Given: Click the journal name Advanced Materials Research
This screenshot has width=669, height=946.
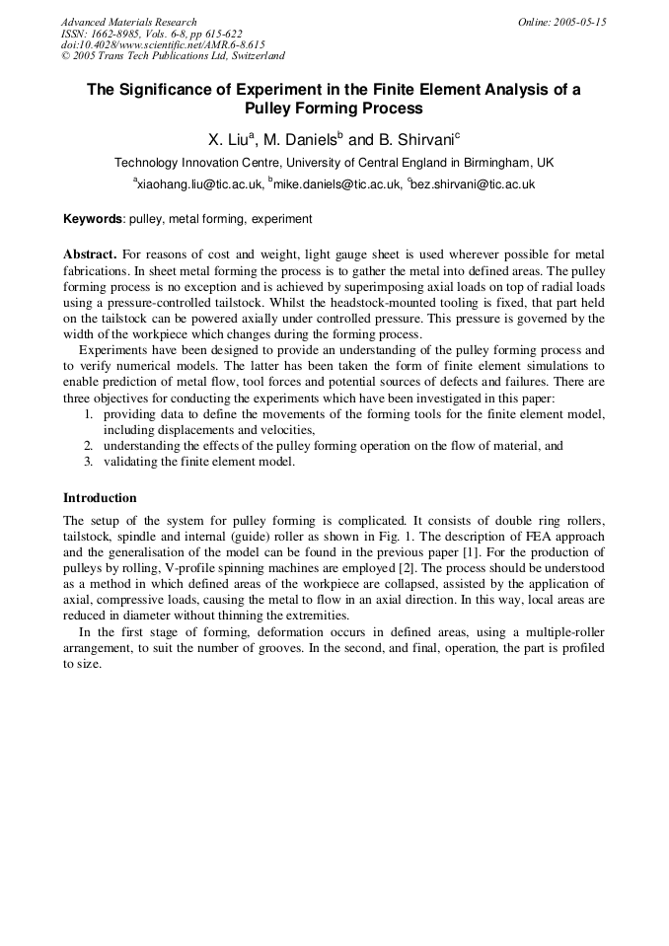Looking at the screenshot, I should tap(128, 22).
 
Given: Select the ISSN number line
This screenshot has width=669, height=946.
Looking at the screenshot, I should tap(152, 33).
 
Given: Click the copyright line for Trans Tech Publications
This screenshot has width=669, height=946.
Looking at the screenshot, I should tap(173, 56).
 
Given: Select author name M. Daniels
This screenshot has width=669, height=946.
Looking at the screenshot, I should tap(301, 139).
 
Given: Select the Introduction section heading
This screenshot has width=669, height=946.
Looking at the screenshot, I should tap(100, 498).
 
